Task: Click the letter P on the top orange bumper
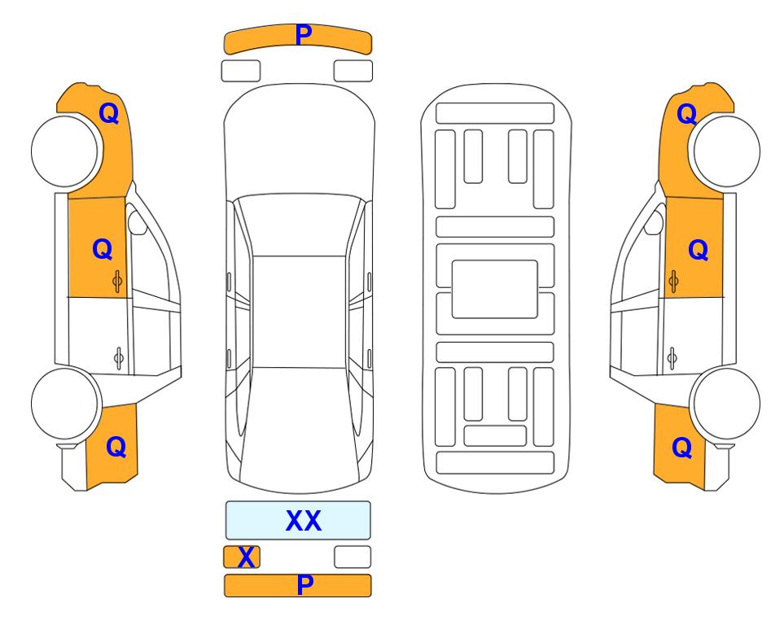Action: pos(304,34)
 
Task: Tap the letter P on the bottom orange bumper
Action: pos(305,584)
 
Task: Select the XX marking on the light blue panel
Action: pos(303,521)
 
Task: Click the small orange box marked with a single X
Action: pos(242,557)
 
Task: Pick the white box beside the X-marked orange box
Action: pos(353,557)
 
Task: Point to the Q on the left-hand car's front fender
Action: pos(109,113)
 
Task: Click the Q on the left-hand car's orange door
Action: pos(103,249)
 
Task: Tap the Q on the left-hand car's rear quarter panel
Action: pos(116,447)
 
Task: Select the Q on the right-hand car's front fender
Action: pos(687,113)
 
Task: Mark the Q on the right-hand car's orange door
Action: pos(699,250)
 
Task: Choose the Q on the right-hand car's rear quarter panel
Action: pos(682,447)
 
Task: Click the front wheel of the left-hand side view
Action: pos(65,151)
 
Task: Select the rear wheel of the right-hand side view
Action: pos(725,404)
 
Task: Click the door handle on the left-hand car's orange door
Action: pos(117,282)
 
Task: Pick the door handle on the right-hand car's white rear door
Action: pos(672,358)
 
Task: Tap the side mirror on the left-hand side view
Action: pos(137,222)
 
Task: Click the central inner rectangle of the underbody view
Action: pos(494,289)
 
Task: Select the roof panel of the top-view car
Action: pos(299,312)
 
